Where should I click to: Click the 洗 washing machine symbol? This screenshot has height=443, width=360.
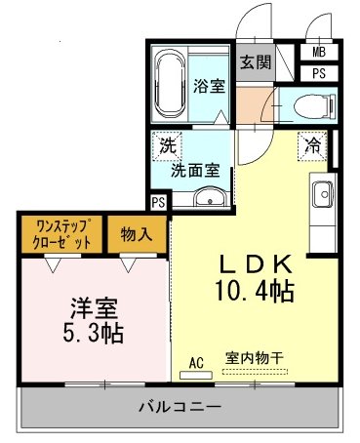point(167,147)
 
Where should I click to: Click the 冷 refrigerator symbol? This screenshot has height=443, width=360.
point(315,145)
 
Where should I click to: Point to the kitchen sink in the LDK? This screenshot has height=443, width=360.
point(321,195)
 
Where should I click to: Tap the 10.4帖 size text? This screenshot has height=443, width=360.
point(257,290)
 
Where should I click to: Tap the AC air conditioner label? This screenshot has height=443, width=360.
point(195,362)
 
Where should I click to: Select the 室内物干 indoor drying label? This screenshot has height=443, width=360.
point(255,358)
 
